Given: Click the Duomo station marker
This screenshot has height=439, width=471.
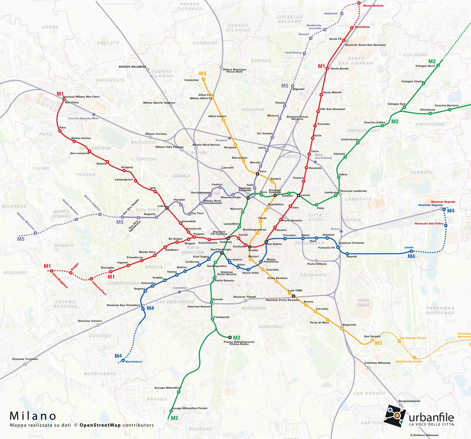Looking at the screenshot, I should [x=250, y=247].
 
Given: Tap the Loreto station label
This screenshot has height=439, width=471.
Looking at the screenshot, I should [x=305, y=195].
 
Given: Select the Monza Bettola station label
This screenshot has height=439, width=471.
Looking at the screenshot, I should [x=373, y=6].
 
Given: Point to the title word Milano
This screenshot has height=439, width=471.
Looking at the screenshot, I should [x=33, y=416].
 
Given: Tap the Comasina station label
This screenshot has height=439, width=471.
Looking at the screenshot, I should [x=191, y=80].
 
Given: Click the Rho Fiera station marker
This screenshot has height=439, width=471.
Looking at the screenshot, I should [x=64, y=99].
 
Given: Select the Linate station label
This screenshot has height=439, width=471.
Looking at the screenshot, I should [x=409, y=247].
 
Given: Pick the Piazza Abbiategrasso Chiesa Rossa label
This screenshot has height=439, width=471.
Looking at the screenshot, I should [x=239, y=343].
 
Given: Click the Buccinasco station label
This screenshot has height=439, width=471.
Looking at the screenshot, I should [x=134, y=362].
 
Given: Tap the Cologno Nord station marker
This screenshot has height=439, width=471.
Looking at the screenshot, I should [x=438, y=65].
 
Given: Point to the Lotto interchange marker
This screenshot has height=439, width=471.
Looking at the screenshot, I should [x=167, y=208].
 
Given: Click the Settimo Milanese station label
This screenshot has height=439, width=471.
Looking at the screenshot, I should [x=26, y=221].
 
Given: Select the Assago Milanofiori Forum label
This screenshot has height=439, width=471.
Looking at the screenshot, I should [x=189, y=408].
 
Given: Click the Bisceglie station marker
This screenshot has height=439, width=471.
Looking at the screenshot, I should [x=111, y=272].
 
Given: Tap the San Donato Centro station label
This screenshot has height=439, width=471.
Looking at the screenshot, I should [x=409, y=361].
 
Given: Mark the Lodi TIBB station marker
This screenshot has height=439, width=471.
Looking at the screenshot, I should [x=293, y=296].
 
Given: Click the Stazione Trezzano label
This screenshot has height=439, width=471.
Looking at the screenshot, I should [x=25, y=359].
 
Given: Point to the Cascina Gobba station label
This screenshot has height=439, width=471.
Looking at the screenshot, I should [x=374, y=122].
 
